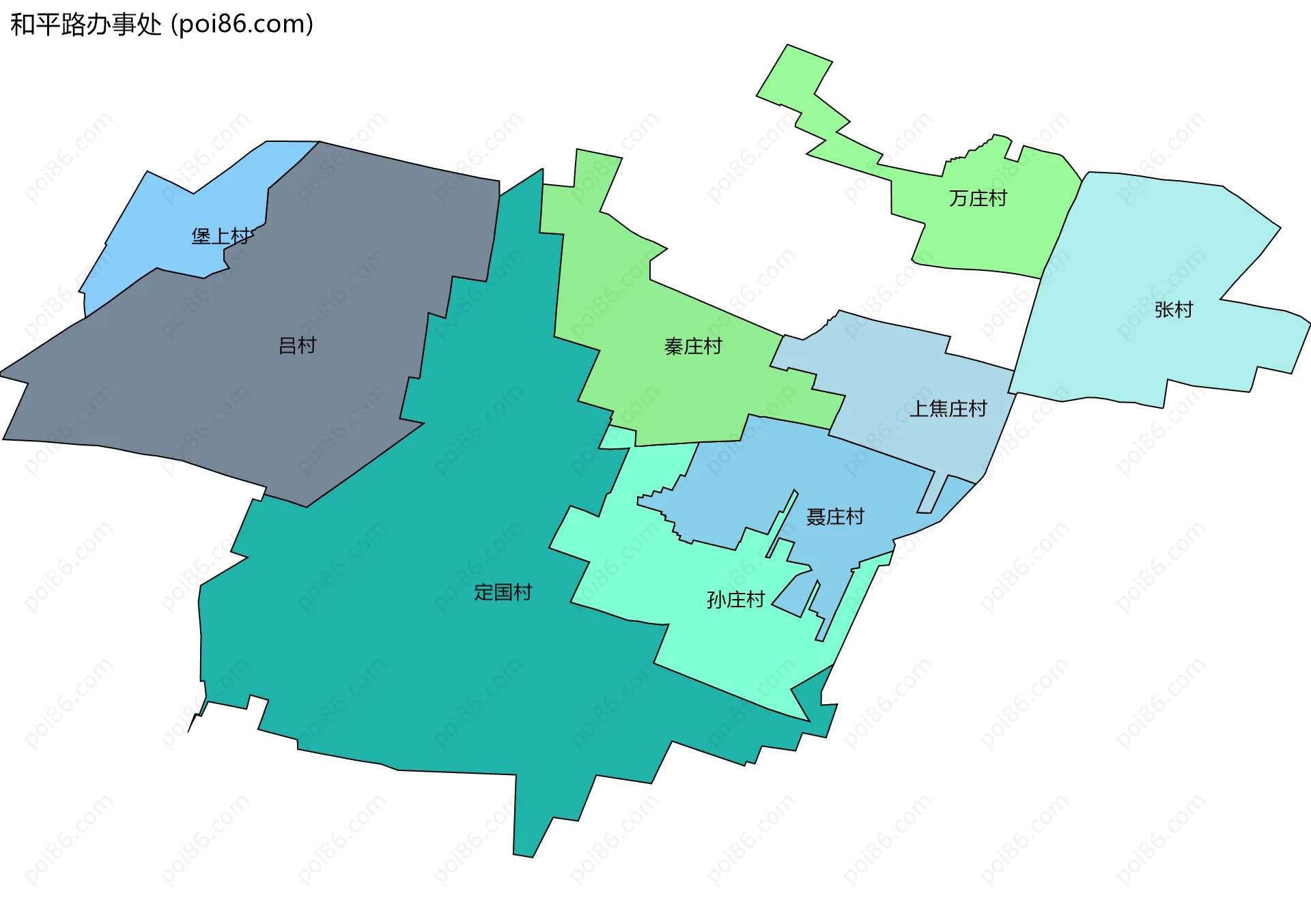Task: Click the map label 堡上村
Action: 221,236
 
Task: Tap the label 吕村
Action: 298,345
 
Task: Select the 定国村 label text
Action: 503,592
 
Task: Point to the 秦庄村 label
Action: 693,347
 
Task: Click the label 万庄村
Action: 978,199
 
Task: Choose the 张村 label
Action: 1173,310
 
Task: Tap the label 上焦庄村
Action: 948,409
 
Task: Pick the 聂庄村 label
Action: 835,517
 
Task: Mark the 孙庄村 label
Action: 735,600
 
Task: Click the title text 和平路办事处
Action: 86,25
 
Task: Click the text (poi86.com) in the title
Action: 242,25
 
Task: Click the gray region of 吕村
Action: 205,382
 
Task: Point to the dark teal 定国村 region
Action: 410,648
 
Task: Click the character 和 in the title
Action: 23,25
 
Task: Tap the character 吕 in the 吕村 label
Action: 287,345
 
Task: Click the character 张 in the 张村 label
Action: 1164,310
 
